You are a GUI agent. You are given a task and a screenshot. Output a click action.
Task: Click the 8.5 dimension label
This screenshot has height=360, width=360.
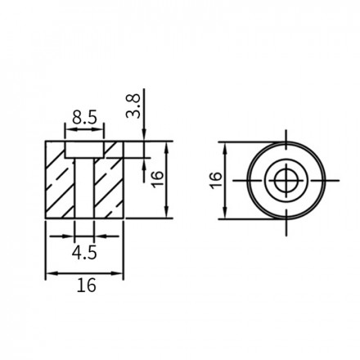[84, 118]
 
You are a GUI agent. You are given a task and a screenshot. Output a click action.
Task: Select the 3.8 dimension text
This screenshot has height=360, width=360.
[133, 106]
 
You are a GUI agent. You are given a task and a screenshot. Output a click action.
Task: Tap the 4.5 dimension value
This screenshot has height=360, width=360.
[84, 253]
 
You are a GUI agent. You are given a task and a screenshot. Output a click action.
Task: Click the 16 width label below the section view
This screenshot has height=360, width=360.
[87, 286]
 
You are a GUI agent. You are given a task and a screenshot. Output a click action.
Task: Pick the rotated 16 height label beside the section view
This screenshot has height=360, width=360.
[158, 179]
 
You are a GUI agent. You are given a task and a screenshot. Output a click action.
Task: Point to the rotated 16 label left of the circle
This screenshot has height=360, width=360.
[216, 180]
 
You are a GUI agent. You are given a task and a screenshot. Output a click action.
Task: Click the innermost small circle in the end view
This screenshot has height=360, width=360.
[286, 181]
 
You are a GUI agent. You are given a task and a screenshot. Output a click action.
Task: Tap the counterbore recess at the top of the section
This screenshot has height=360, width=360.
[84, 150]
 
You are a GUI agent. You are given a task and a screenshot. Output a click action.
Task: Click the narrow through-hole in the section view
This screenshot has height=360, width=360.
[84, 188]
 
